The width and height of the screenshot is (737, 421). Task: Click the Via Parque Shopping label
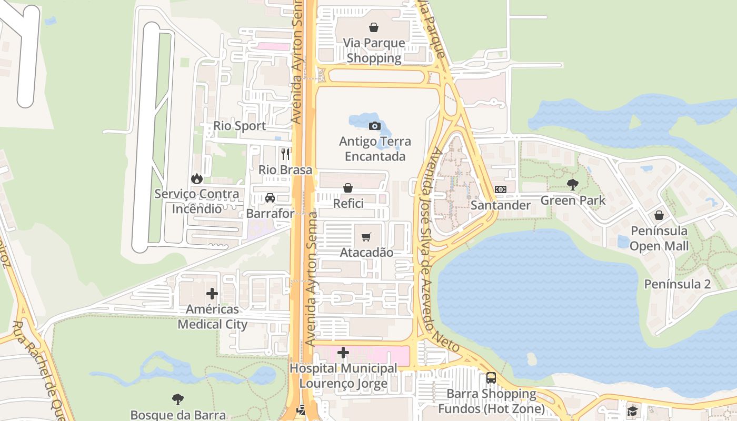pyautogui.click(x=374, y=51)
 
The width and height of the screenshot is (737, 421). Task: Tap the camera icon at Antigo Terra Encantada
pyautogui.click(x=375, y=126)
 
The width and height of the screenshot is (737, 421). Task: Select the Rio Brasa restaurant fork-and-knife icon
pyautogui.click(x=285, y=154)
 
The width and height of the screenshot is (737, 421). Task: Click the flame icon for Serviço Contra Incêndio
pyautogui.click(x=197, y=178)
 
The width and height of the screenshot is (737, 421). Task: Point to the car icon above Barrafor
pyautogui.click(x=270, y=198)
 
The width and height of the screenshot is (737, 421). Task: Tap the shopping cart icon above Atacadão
pyautogui.click(x=366, y=237)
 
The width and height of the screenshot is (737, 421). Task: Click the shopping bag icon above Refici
pyautogui.click(x=348, y=187)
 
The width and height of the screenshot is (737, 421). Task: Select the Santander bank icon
pyautogui.click(x=501, y=189)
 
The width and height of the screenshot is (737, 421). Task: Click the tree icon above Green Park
pyautogui.click(x=573, y=185)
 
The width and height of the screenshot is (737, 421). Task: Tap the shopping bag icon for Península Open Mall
pyautogui.click(x=659, y=215)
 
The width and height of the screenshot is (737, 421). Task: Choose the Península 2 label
pyautogui.click(x=678, y=284)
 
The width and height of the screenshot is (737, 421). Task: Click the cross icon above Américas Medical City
pyautogui.click(x=212, y=294)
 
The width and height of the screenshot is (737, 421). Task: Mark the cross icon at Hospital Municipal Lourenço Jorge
pyautogui.click(x=343, y=353)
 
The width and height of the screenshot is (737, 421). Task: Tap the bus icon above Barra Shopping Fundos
pyautogui.click(x=491, y=377)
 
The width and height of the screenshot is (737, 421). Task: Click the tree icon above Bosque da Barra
pyautogui.click(x=178, y=399)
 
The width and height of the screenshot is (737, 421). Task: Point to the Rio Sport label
pyautogui.click(x=240, y=126)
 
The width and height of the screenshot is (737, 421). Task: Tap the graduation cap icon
pyautogui.click(x=632, y=410)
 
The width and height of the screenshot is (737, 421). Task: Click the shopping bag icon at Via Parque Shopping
pyautogui.click(x=374, y=27)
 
